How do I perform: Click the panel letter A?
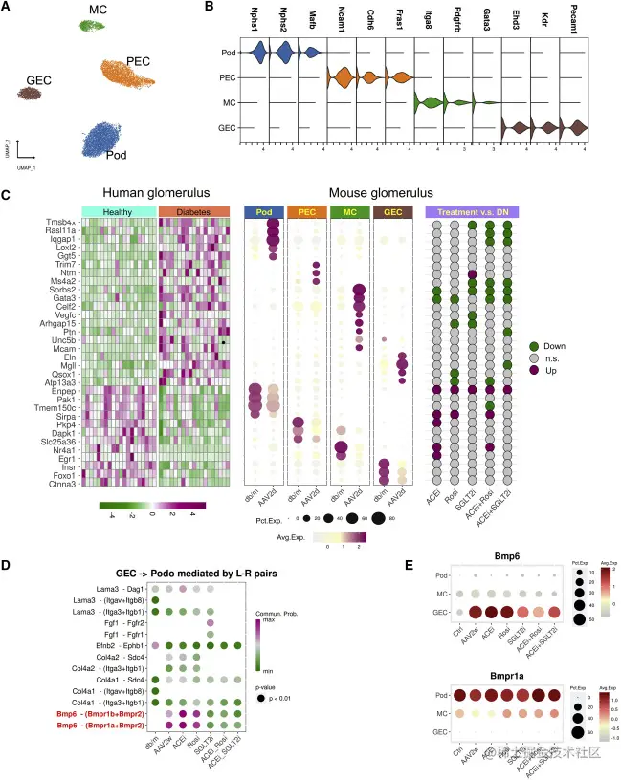click(x=9, y=9)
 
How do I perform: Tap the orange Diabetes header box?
click(x=194, y=212)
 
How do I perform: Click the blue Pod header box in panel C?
click(x=263, y=212)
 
